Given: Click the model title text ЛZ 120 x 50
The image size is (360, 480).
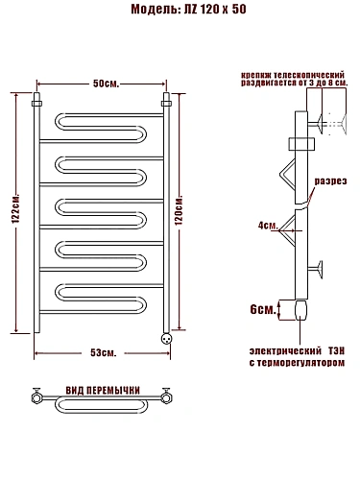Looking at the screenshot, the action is pos(215,10).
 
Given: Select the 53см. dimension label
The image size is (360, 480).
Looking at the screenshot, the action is pos(104,352).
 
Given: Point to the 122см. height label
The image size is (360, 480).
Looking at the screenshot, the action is pos(16,208).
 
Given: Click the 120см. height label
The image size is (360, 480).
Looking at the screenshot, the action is pos(179,209).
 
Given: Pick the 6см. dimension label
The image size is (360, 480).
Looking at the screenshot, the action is pos(263,309).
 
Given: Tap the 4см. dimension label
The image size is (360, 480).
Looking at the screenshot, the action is pos(268,226).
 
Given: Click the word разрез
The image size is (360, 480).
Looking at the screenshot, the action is pos(330,181).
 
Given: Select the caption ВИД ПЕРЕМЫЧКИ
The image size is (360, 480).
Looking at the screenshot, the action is pos(103,391).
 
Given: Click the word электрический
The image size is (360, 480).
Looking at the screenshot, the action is pos(285,351).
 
